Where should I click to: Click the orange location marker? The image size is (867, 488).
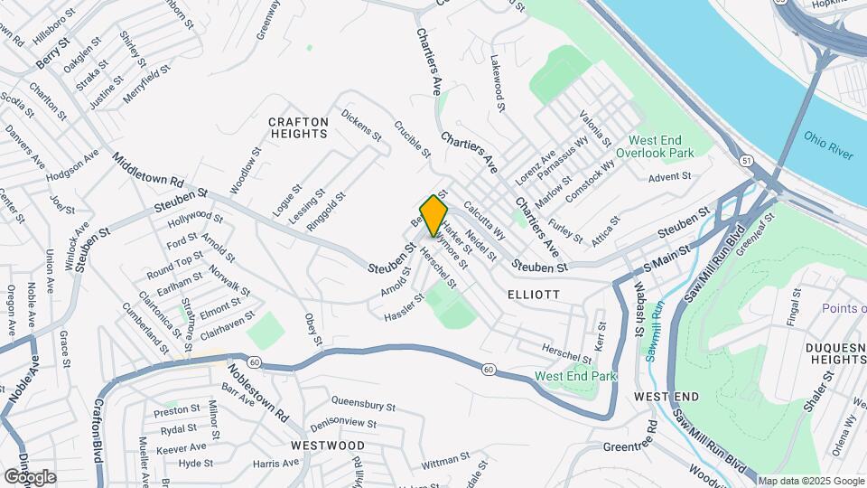(x=433, y=215)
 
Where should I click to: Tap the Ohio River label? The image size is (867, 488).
(x=827, y=145)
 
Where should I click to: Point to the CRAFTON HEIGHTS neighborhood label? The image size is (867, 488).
(x=298, y=127)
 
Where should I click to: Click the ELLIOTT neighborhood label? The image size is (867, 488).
(x=534, y=295)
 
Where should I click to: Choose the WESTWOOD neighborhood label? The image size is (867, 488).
(x=328, y=446)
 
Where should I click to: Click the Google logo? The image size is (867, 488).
(x=30, y=476)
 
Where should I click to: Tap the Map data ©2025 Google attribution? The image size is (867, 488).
(x=810, y=481)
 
